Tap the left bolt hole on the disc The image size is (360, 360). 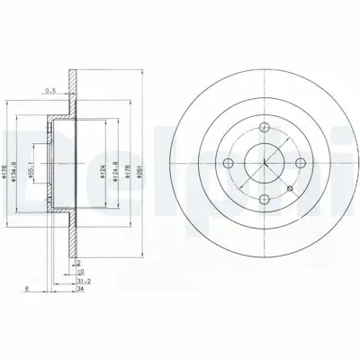228,163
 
